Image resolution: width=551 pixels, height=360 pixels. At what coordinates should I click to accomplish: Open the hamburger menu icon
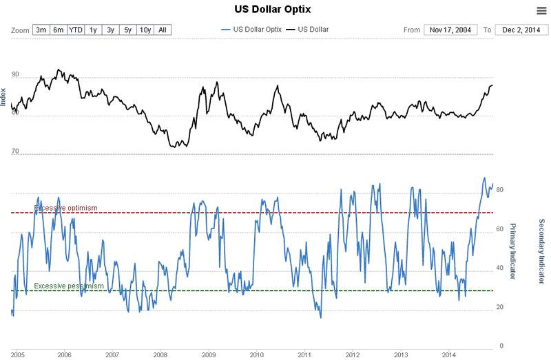tap(541, 10)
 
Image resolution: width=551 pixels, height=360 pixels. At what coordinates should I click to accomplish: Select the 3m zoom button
tap(41, 30)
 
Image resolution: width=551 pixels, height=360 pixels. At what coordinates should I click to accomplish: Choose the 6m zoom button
tap(59, 30)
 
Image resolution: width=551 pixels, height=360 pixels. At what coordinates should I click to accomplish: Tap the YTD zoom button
tap(76, 30)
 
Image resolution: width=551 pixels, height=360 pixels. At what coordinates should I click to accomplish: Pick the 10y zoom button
tap(145, 30)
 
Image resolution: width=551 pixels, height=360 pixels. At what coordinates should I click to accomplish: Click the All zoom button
tap(163, 30)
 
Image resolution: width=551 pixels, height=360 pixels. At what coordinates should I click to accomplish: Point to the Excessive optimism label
tap(66, 208)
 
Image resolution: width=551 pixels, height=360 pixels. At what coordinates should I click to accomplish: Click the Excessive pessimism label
tap(69, 286)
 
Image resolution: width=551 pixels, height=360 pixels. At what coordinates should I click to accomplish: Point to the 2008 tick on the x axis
tap(160, 354)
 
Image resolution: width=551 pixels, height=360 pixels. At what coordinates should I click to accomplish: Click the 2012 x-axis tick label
tap(352, 354)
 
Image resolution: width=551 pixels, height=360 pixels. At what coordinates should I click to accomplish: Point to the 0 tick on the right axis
tap(500, 346)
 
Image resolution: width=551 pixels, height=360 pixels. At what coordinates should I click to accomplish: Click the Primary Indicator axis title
tap(512, 252)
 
